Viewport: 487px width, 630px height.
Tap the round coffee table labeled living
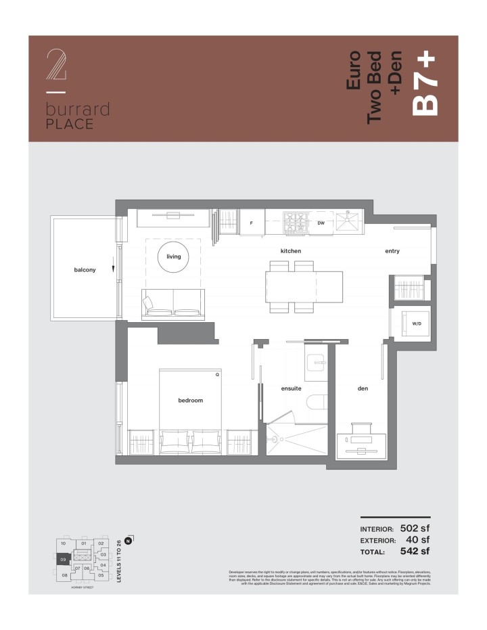(174, 257)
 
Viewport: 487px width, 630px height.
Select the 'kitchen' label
(290, 251)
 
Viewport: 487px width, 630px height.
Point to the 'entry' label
(392, 251)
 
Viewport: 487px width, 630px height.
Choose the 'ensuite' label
(291, 388)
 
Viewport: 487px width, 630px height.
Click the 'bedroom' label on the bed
(190, 400)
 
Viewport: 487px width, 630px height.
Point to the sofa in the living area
(173, 304)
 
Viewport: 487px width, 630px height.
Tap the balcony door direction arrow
(114, 271)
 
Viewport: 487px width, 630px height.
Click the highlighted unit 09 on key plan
(62, 560)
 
